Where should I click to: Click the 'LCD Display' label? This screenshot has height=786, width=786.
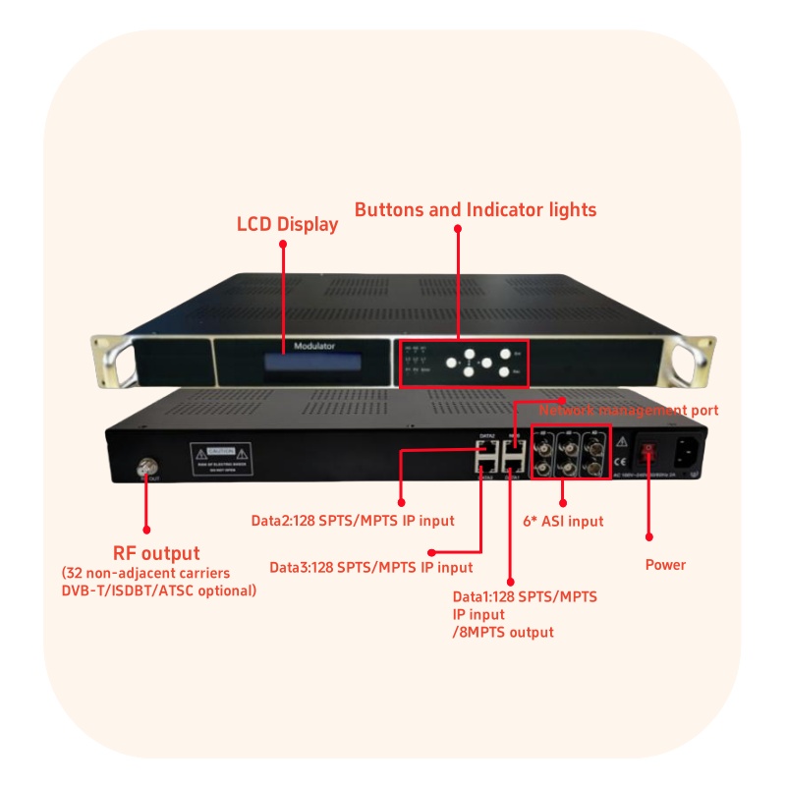click(287, 224)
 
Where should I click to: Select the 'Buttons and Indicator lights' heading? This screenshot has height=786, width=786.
click(475, 209)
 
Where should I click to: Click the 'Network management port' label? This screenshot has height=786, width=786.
click(628, 410)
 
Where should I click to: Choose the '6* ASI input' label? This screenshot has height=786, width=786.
click(574, 521)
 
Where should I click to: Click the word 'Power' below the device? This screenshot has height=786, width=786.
click(665, 565)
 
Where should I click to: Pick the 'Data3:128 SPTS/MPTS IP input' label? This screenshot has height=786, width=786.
click(370, 567)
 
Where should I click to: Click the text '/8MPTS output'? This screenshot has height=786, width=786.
click(502, 632)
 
